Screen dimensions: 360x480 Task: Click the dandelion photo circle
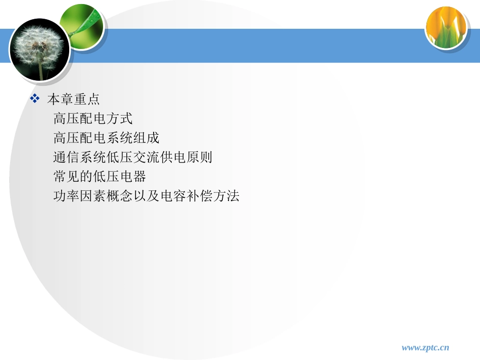click(39, 49)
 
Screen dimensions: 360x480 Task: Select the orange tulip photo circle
click(446, 28)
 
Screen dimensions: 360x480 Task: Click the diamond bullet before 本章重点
click(35, 98)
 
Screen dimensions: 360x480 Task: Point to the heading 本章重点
click(73, 99)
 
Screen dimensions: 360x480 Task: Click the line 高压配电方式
click(93, 119)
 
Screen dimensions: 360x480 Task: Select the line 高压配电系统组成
click(106, 138)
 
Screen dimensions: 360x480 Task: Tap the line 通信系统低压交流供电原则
click(132, 158)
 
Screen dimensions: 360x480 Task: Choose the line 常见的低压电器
click(100, 177)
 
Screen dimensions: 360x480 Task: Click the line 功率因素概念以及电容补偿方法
click(146, 196)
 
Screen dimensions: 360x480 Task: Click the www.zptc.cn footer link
click(425, 347)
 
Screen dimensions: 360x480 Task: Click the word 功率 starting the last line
click(67, 196)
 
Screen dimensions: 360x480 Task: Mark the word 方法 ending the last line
click(226, 196)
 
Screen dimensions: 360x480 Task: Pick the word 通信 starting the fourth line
click(67, 158)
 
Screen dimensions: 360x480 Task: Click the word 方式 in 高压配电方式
click(120, 119)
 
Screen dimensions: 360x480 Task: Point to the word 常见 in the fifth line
click(67, 177)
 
